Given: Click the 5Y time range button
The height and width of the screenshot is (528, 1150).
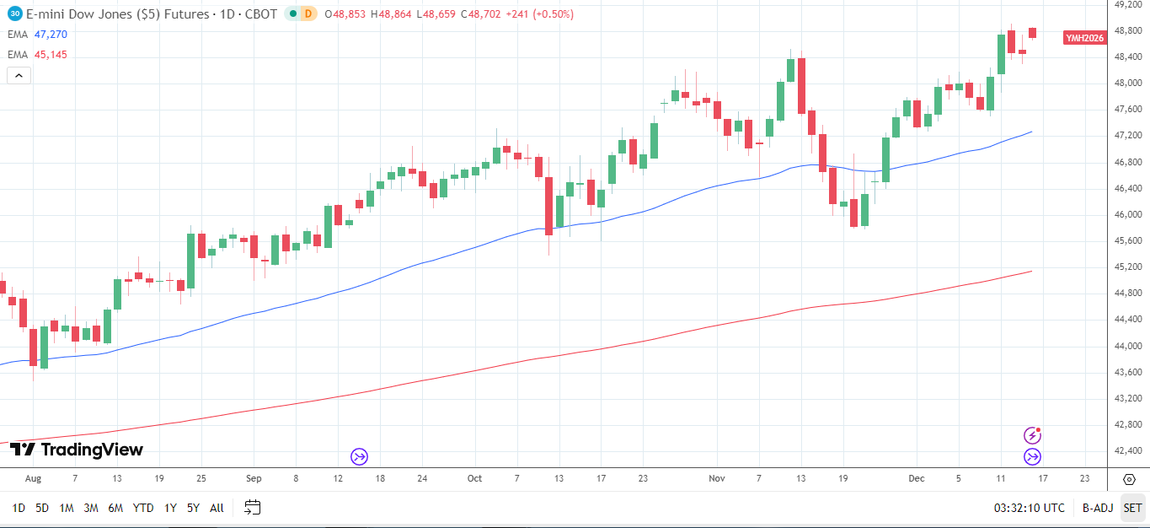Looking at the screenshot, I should click(x=193, y=508).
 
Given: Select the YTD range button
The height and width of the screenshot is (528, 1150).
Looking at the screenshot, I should click(x=143, y=508).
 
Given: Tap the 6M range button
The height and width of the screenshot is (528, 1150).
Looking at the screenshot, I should click(x=115, y=508).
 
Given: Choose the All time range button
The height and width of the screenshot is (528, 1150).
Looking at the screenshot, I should click(x=217, y=508).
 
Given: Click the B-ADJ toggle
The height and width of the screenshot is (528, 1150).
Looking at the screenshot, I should click(x=1098, y=508).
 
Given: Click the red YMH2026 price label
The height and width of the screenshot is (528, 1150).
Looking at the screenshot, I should click(x=1084, y=38).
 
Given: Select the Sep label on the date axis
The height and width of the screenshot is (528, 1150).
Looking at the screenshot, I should click(x=254, y=478).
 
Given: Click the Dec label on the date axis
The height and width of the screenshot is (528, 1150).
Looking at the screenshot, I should click(x=917, y=478).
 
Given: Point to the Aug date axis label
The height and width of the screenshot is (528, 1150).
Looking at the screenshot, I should click(x=33, y=478).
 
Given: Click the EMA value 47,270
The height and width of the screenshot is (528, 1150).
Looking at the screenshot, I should click(x=51, y=35).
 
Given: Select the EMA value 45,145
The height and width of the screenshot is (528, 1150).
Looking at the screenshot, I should click(x=51, y=55).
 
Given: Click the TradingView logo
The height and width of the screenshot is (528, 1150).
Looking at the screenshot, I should click(x=77, y=450).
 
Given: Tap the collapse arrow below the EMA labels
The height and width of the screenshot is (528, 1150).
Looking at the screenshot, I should click(x=19, y=75).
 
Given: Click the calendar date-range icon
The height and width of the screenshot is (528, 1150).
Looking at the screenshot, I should click(x=253, y=508).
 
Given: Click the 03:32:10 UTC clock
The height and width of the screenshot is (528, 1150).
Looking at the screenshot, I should click(x=1029, y=508).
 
